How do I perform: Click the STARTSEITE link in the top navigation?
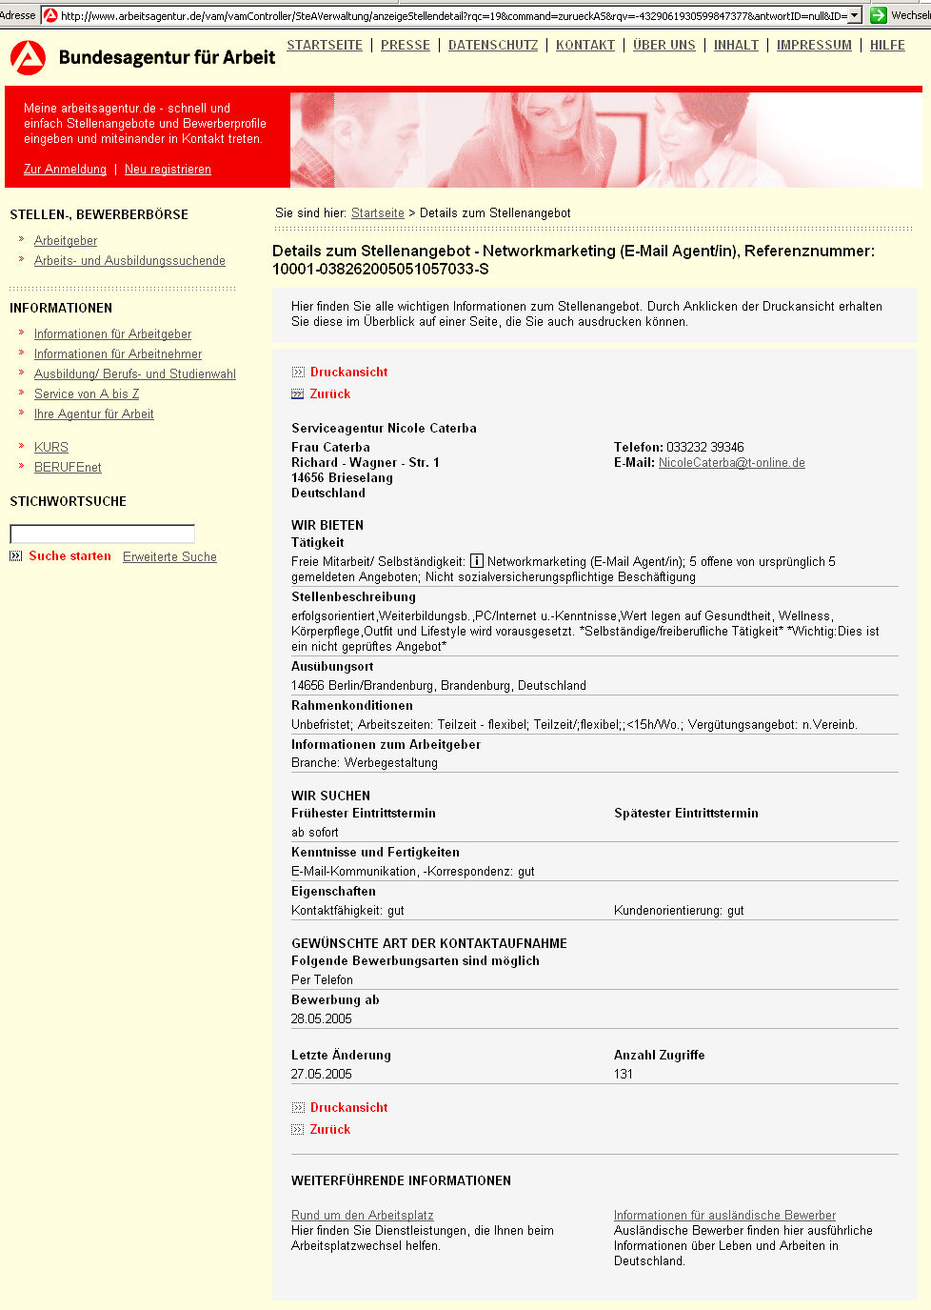pyautogui.click(x=325, y=45)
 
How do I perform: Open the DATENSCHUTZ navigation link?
pyautogui.click(x=493, y=45)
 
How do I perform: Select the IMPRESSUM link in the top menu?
pyautogui.click(x=814, y=45)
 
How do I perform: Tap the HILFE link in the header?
pyautogui.click(x=887, y=45)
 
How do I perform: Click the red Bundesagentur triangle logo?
pyautogui.click(x=28, y=58)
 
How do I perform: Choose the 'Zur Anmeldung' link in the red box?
pyautogui.click(x=65, y=169)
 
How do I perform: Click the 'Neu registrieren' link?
pyautogui.click(x=168, y=169)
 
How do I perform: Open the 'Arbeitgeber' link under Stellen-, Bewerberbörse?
pyautogui.click(x=66, y=240)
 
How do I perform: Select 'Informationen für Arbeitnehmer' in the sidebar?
pyautogui.click(x=118, y=353)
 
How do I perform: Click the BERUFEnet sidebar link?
pyautogui.click(x=68, y=467)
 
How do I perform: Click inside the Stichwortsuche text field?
pyautogui.click(x=102, y=534)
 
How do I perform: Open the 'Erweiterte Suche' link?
pyautogui.click(x=169, y=556)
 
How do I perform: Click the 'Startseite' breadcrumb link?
pyautogui.click(x=378, y=212)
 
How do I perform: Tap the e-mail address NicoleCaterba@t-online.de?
pyautogui.click(x=732, y=462)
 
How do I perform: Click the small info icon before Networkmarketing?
pyautogui.click(x=477, y=561)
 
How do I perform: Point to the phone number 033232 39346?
pyautogui.click(x=705, y=447)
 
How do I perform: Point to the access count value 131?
pyautogui.click(x=624, y=1074)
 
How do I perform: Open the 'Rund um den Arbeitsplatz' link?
pyautogui.click(x=363, y=1215)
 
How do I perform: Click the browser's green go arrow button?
pyautogui.click(x=879, y=14)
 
